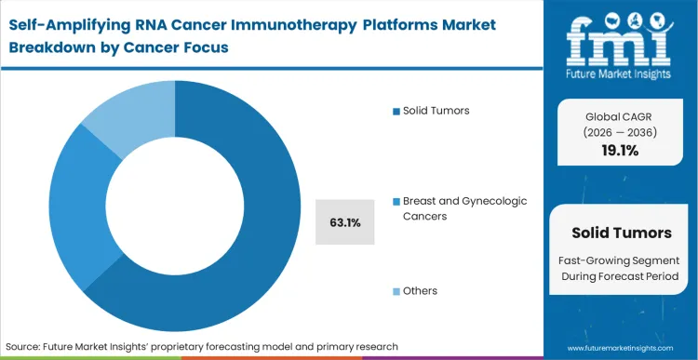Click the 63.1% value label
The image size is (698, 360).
tap(345, 223)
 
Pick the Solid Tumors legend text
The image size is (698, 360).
tap(436, 111)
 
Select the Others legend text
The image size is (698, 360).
tap(419, 291)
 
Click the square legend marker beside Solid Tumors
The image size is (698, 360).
tap(396, 111)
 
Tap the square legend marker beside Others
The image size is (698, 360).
tap(396, 291)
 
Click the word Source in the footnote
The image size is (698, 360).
tap(29, 345)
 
